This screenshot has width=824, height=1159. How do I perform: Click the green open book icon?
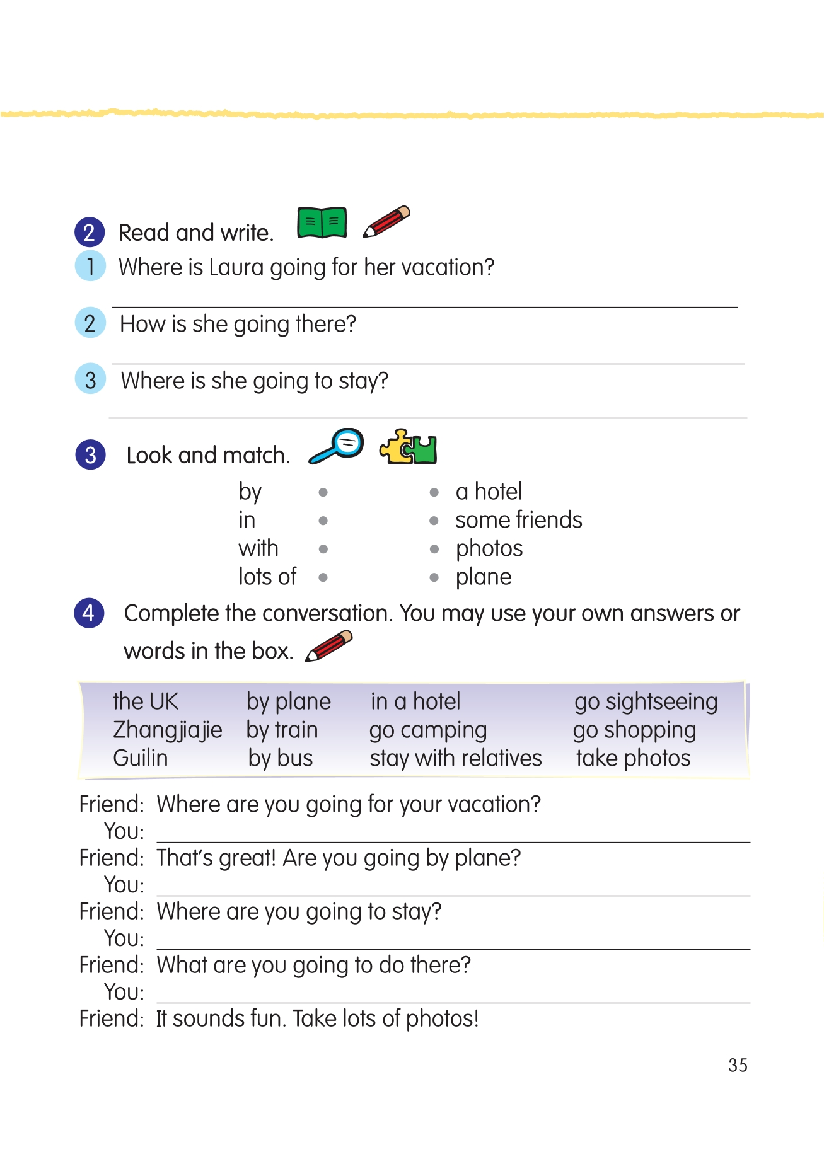322,222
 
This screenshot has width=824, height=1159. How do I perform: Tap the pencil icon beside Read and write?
386,222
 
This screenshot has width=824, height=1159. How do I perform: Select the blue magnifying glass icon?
337,446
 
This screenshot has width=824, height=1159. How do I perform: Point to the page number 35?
738,1065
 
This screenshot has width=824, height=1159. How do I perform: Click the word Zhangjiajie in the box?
167,730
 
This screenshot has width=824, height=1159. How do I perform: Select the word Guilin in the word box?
141,758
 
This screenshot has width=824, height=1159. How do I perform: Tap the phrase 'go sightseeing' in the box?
646,702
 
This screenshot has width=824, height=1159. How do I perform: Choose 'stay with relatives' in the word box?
455,758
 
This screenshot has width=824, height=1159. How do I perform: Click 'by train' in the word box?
282,730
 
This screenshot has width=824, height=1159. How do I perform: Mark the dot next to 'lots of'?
323,577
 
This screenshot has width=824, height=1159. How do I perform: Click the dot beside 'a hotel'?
434,492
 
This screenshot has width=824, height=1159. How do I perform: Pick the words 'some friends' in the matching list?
518,520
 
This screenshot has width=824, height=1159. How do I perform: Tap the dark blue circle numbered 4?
89,613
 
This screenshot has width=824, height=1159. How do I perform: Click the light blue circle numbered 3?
90,379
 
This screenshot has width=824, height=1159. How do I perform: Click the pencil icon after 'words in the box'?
328,647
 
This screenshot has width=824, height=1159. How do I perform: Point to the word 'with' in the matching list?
258,548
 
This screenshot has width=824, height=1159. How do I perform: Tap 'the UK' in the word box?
145,701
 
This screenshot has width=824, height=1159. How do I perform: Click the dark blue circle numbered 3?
90,455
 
